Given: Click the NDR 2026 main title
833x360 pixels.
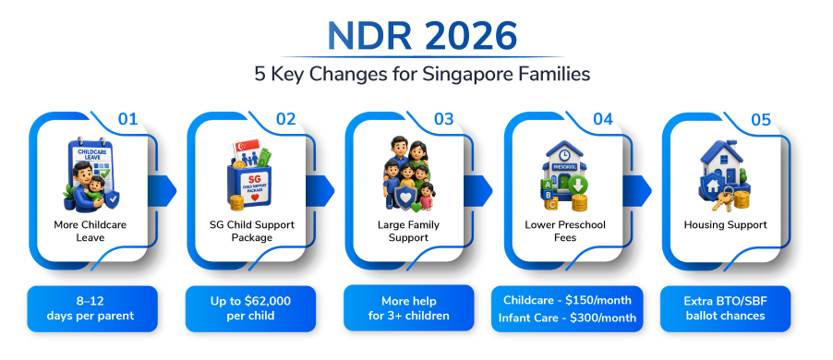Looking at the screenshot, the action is pyautogui.click(x=422, y=36).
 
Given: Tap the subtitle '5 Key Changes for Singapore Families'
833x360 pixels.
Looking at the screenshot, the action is pyautogui.click(x=422, y=74).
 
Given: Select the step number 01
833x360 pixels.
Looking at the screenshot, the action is pyautogui.click(x=127, y=119).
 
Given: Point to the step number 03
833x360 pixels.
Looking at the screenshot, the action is pyautogui.click(x=443, y=119).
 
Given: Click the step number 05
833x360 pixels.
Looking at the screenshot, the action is pyautogui.click(x=760, y=119).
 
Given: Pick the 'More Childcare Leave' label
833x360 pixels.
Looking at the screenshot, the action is pyautogui.click(x=91, y=231).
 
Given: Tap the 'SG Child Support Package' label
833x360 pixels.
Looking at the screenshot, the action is pyautogui.click(x=252, y=231).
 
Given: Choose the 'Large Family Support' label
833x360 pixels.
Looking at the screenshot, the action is pyautogui.click(x=408, y=231).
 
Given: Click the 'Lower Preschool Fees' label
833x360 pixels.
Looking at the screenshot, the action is pyautogui.click(x=565, y=231).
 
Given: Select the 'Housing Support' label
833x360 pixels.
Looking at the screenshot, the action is pyautogui.click(x=725, y=224).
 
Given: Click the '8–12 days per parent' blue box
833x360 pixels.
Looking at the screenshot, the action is pyautogui.click(x=92, y=309).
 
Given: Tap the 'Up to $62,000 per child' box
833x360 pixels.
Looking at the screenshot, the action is pyautogui.click(x=250, y=309).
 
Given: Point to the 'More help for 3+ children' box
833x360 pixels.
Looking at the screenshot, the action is pyautogui.click(x=409, y=308).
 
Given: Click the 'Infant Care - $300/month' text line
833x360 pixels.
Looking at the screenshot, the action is pyautogui.click(x=567, y=318).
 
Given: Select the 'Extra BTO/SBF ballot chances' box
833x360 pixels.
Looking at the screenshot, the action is pyautogui.click(x=725, y=309).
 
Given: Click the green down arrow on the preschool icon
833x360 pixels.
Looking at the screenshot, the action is pyautogui.click(x=578, y=186).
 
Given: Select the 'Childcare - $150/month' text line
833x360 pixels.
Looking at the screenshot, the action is pyautogui.click(x=567, y=300).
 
